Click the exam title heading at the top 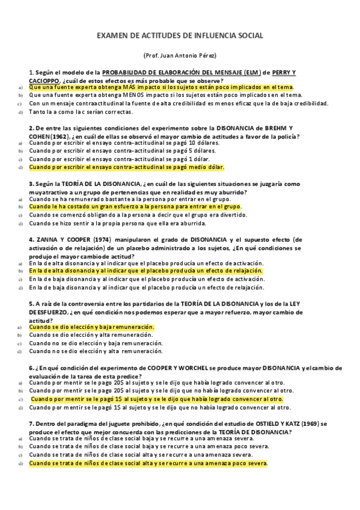pyautogui.click(x=180, y=36)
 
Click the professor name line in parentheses pyautogui.click(x=180, y=55)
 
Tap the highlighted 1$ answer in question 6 pyautogui.click(x=156, y=399)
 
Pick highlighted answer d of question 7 pyautogui.click(x=148, y=464)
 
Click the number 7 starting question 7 pyautogui.click(x=31, y=423)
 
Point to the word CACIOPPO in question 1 pyautogui.click(x=44, y=80)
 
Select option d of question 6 pyautogui.click(x=157, y=407)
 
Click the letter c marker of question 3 pyautogui.click(x=19, y=215)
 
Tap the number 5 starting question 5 pyautogui.click(x=31, y=304)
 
